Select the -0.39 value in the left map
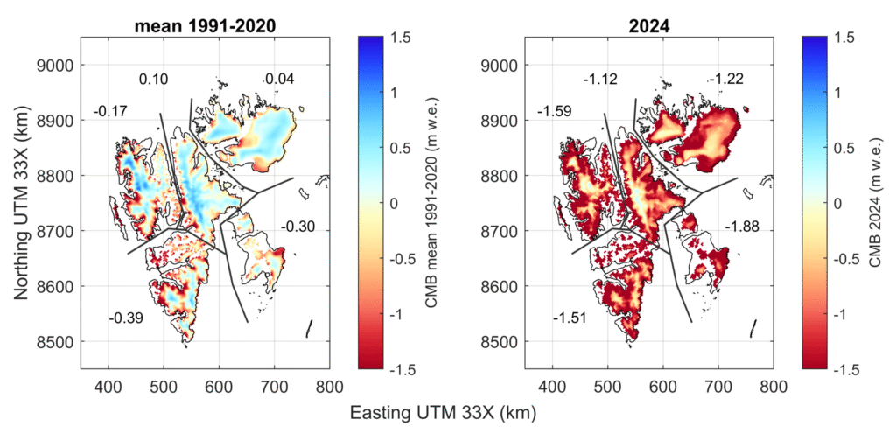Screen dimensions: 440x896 pos(126,317)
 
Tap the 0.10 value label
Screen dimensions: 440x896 pos(154,80)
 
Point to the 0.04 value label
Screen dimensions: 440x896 pos(280,80)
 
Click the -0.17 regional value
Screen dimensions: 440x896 pos(110,112)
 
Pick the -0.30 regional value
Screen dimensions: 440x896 pos(297,227)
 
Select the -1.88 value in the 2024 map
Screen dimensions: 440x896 pos(742,227)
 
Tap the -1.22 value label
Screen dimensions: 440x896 pos(727,80)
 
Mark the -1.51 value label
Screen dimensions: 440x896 pos(570,317)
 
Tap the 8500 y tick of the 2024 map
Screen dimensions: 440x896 pos(504,341)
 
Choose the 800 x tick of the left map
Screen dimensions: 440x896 pos(329,382)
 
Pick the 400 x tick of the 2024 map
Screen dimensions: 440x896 pos(552,382)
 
